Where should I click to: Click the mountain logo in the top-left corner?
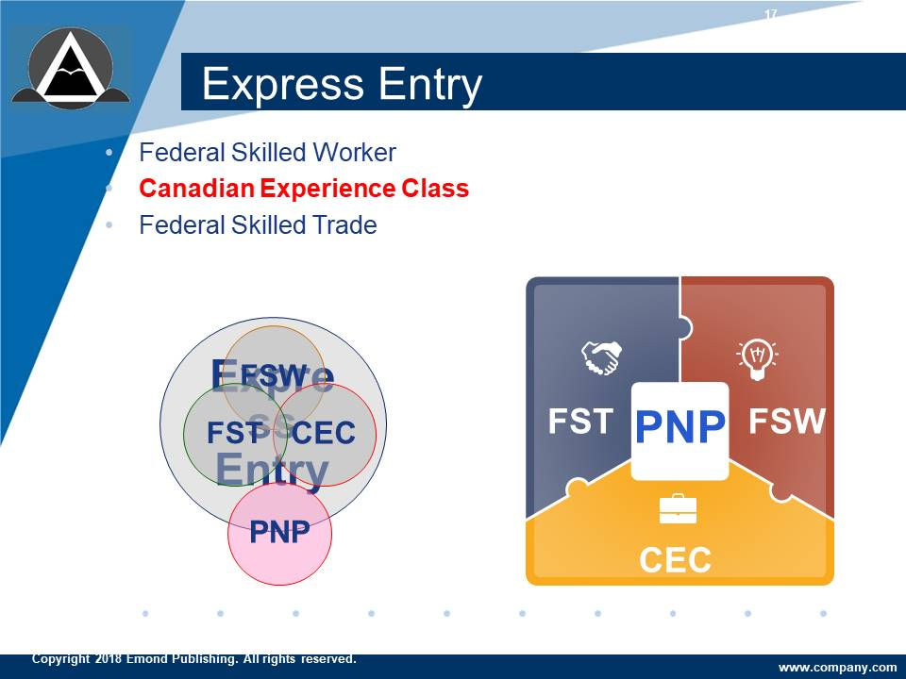tap(70, 68)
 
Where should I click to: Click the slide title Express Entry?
tap(342, 84)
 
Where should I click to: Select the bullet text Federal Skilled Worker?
tap(267, 152)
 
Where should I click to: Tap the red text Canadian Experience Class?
tap(304, 189)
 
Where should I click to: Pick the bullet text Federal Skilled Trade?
tap(258, 225)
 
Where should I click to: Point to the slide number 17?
tap(771, 14)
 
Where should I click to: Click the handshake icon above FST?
tap(600, 357)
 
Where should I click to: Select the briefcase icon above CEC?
tap(678, 509)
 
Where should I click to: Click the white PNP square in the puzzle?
tap(679, 429)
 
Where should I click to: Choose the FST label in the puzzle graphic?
tap(581, 421)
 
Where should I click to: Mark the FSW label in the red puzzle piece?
tap(787, 421)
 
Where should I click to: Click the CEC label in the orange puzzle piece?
tap(675, 560)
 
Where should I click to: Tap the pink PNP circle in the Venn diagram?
tap(279, 533)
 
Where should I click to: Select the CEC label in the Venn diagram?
tap(324, 433)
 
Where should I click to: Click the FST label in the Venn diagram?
tap(233, 433)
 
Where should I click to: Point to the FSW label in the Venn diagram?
tap(274, 374)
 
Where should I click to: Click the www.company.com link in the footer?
tap(837, 667)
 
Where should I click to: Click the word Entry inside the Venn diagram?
tap(272, 470)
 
